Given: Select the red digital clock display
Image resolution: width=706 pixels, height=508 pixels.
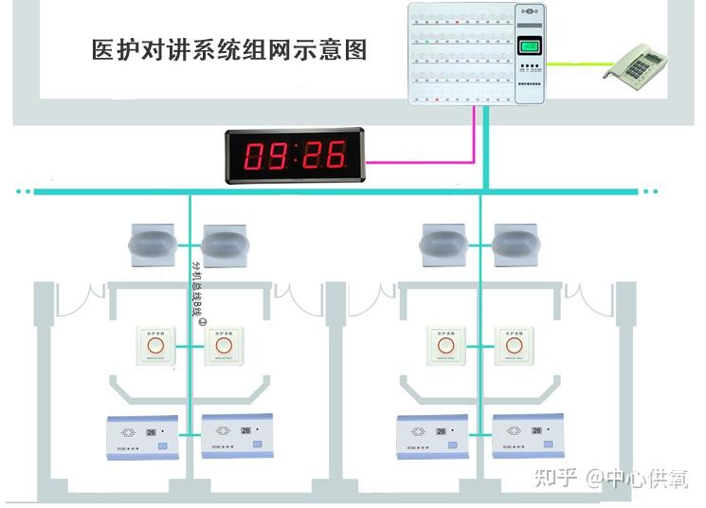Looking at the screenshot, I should click(x=294, y=154).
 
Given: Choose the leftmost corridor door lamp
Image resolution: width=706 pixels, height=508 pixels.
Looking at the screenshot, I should click(x=152, y=245).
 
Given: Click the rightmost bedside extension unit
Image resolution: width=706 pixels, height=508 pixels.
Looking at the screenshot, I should click(x=518, y=435).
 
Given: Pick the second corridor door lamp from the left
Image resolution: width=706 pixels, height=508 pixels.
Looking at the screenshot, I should click(x=225, y=245).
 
